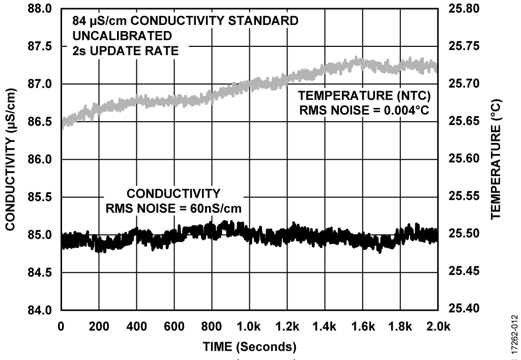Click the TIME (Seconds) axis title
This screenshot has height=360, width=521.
249,347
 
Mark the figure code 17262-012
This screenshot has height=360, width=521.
515,334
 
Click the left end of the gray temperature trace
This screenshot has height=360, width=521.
63,123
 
